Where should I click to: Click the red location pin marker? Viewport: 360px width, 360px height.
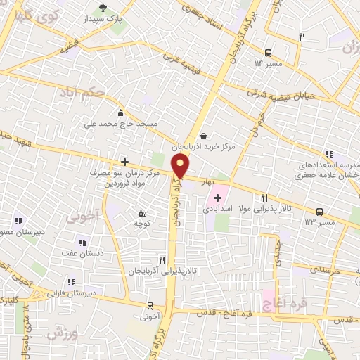coord(181,167)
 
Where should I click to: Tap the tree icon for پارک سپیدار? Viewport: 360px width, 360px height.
coord(103,8)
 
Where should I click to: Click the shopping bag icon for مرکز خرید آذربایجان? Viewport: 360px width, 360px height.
coord(203,136)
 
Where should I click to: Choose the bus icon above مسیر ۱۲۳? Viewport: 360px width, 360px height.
coord(320,211)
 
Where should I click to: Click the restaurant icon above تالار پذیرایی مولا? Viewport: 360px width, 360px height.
coord(264,198)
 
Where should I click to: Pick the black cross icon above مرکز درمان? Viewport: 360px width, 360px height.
coord(124,162)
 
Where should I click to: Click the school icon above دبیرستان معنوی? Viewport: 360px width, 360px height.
coord(18,220)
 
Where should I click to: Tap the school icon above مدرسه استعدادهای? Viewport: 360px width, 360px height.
coord(328,154)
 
